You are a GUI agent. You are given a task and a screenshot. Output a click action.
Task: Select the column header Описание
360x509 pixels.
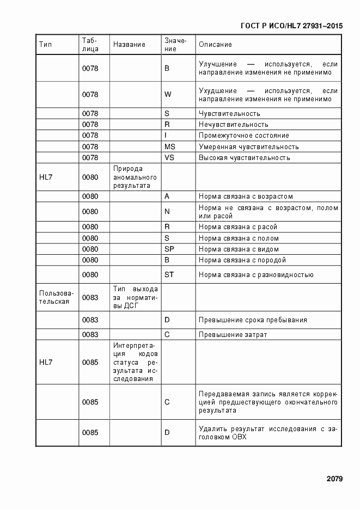(215, 45)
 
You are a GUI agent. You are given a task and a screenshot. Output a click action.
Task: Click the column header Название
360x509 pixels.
(129, 45)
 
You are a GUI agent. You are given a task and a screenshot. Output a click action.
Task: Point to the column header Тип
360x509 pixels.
(45, 45)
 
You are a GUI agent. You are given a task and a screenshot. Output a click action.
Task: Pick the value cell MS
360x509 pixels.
(170, 146)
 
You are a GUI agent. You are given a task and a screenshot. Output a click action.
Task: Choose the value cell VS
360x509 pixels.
(169, 158)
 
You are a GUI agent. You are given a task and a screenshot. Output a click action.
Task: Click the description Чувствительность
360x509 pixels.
(229, 114)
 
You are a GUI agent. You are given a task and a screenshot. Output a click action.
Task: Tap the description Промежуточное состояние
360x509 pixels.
(243, 136)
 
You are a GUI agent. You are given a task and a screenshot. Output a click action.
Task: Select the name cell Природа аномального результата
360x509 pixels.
(135, 177)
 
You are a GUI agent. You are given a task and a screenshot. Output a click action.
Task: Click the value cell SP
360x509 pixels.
(169, 249)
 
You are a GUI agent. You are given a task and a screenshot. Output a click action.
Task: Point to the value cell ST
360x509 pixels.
(169, 274)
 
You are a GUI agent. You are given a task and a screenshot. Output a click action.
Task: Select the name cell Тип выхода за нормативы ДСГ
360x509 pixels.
(135, 297)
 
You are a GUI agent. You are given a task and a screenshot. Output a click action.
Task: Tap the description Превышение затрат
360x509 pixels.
(233, 334)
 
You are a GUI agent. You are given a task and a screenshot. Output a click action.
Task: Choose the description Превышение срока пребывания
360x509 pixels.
(253, 320)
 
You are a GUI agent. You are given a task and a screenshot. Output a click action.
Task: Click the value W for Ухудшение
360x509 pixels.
(168, 94)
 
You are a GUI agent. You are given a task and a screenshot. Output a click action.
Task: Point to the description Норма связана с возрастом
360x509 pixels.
(246, 197)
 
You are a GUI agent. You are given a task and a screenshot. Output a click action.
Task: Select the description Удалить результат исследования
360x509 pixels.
(267, 433)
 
